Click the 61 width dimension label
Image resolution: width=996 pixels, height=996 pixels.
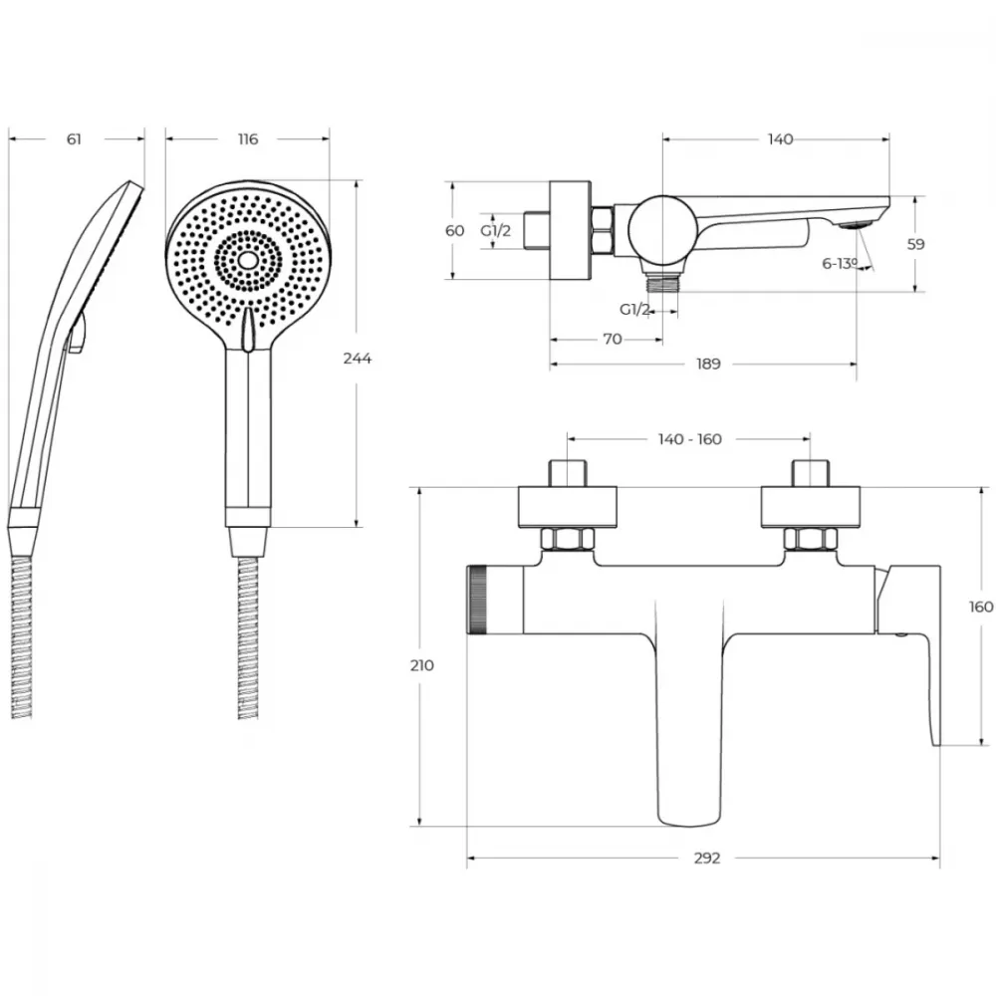tap(75, 139)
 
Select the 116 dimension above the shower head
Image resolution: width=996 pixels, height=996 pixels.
tap(248, 139)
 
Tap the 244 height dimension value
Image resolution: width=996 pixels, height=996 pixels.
tap(357, 359)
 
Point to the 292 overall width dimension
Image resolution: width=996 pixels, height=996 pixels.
tap(707, 859)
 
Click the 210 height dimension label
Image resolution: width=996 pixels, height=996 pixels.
tap(421, 665)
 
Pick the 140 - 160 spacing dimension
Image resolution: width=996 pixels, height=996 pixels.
tap(690, 439)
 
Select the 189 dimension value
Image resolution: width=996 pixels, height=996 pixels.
tap(708, 364)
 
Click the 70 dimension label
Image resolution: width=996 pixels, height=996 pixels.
tap(612, 340)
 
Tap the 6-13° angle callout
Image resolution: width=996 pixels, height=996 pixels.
tap(840, 264)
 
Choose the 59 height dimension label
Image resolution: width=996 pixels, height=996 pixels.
tap(915, 244)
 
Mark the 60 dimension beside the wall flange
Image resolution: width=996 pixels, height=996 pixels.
tap(455, 231)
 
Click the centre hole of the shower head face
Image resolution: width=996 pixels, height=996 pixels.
tap(248, 260)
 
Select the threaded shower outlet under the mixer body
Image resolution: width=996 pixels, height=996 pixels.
tap(662, 283)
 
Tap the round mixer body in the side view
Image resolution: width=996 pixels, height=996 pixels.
tap(662, 230)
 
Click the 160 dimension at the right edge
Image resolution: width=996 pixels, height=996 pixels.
tap(981, 608)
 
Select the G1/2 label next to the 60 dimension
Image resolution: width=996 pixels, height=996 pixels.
tap(495, 231)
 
